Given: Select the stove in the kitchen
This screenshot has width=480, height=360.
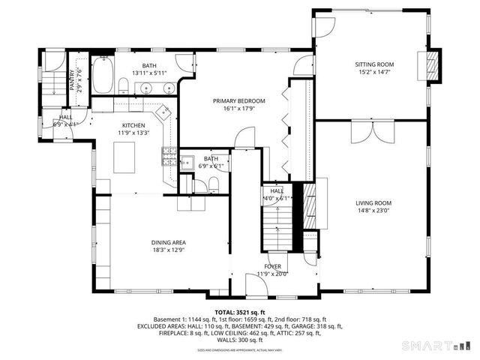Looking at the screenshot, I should click(x=169, y=158).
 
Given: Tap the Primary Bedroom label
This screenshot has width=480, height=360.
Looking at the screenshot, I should click(x=238, y=100).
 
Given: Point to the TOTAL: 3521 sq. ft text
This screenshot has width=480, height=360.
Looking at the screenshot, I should click(x=239, y=312).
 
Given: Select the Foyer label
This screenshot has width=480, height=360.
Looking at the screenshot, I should click(x=272, y=266).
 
